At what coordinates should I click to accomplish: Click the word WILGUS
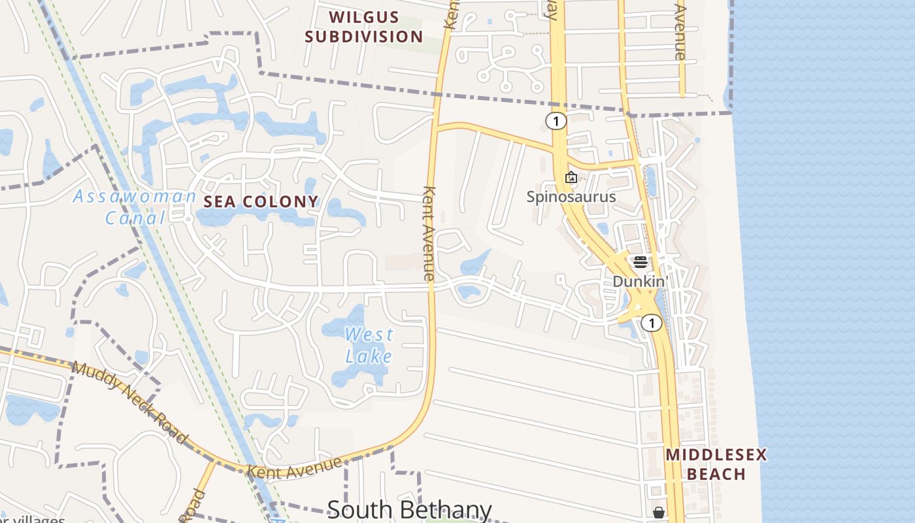pos(364,17)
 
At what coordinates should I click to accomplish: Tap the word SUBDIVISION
pos(364,37)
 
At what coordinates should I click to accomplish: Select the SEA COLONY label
pos(261,202)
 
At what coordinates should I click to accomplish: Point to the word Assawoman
pos(135,196)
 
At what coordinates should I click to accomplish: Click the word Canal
pos(136,218)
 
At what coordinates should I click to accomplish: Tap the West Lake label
pos(369,345)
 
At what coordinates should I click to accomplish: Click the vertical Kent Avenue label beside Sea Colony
pos(429,234)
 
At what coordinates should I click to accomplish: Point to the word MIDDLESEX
pos(716,455)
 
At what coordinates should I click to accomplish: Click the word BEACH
pos(716,474)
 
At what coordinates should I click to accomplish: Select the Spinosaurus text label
pos(571,196)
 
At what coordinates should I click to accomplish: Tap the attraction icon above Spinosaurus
pos(571,177)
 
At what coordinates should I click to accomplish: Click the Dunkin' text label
pos(640,281)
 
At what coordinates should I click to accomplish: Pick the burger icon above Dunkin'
pos(640,262)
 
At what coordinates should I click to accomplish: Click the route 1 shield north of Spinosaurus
pos(556,120)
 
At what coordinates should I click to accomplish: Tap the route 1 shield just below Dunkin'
pos(651,322)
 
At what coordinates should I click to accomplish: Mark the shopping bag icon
pos(659,513)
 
